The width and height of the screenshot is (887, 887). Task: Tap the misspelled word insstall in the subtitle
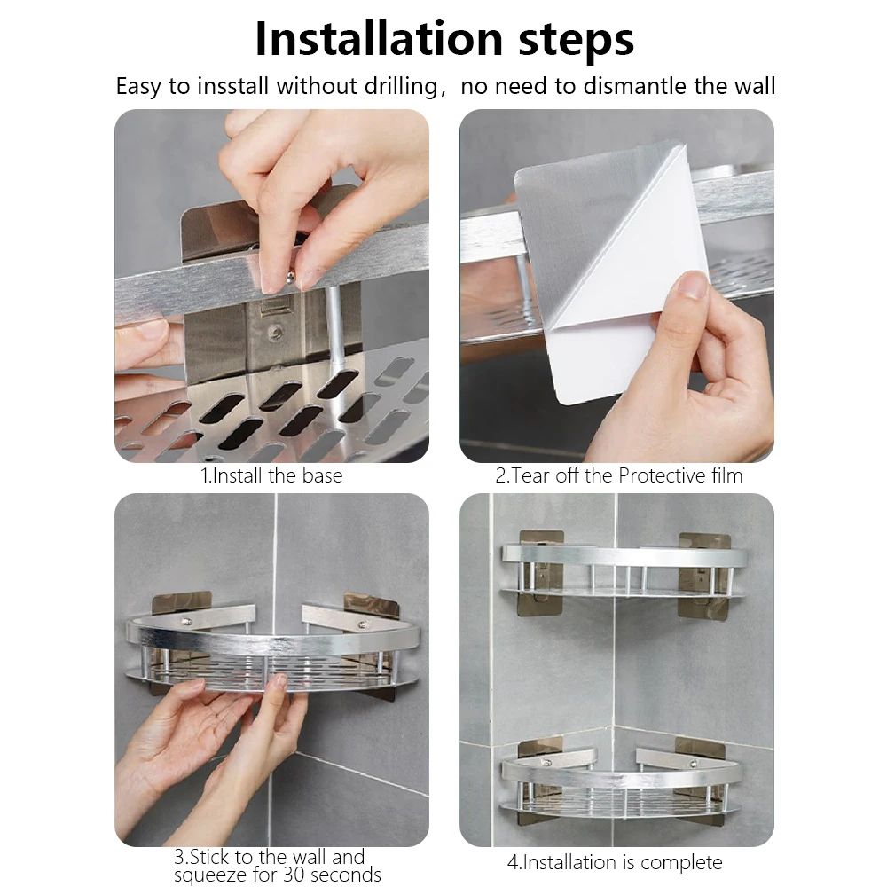(232, 87)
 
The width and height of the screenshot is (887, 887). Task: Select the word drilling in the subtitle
(401, 87)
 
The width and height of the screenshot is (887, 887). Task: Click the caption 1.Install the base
(271, 475)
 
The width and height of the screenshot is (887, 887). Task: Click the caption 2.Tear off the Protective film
(618, 475)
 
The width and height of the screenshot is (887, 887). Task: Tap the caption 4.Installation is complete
(615, 862)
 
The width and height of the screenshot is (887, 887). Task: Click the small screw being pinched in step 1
(289, 278)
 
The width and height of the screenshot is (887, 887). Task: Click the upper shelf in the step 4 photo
(623, 572)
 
